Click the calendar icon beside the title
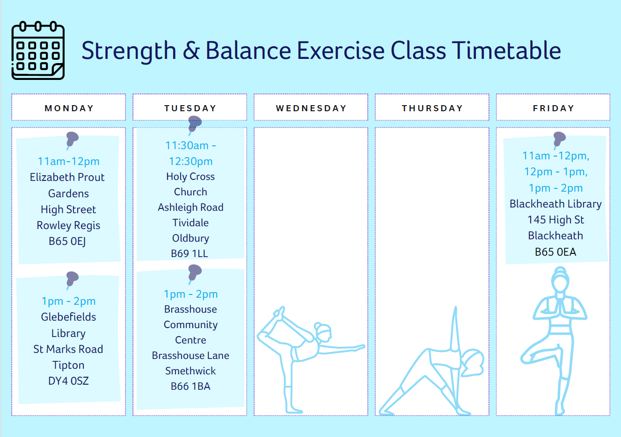38,50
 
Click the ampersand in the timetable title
191,50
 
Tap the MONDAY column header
69,108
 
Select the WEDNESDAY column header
311,108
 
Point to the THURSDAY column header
432,108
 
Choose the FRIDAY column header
553,108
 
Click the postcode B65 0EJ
67,241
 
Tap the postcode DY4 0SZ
68,381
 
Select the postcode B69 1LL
190,253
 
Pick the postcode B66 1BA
190,387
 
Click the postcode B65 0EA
555,252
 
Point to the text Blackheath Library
555,204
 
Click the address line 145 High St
555,220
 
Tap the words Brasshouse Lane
190,356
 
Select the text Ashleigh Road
190,208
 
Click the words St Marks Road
68,349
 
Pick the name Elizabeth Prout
67,177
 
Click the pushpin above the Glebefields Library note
72,279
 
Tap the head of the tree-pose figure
560,280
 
